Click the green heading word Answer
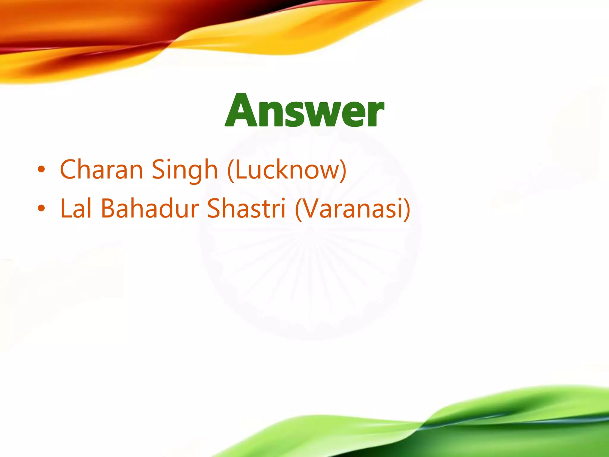304,111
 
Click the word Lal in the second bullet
76,208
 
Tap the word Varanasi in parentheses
353,208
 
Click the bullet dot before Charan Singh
41,170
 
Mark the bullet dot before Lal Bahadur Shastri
41,209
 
